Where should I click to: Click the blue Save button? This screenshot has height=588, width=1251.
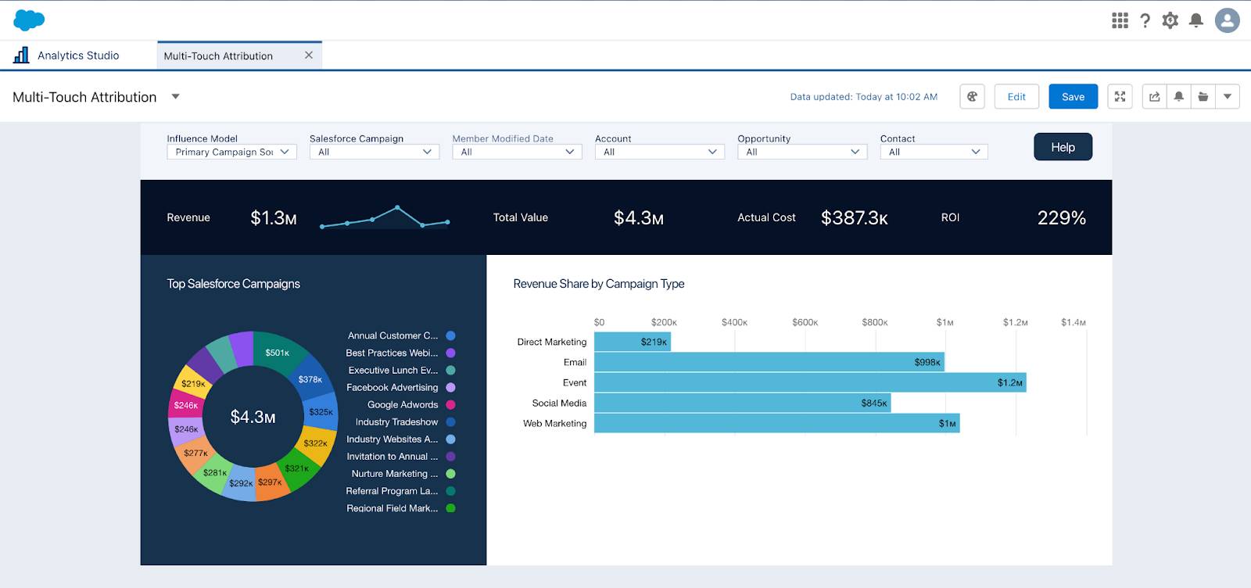(x=1073, y=97)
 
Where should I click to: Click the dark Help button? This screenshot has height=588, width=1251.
(x=1063, y=147)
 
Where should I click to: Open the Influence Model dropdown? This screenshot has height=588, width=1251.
(x=231, y=152)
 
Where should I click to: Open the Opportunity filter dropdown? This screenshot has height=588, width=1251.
(x=801, y=152)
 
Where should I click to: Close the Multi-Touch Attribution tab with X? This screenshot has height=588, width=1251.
(x=309, y=56)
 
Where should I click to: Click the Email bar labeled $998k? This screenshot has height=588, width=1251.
(x=769, y=362)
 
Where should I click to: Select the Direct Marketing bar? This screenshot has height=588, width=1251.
(x=632, y=342)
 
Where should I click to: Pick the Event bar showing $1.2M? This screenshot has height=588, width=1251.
(x=809, y=382)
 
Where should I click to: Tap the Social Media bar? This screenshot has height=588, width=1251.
(x=741, y=403)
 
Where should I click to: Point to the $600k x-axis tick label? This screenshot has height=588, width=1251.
(x=805, y=322)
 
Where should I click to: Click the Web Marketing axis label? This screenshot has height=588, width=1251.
(x=554, y=423)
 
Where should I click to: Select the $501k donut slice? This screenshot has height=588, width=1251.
(x=278, y=353)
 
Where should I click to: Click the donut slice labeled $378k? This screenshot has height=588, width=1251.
(x=310, y=379)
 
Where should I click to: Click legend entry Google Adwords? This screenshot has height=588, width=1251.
(x=403, y=404)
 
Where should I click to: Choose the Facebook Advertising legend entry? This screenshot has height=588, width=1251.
(x=392, y=387)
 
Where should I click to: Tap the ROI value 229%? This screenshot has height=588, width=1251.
(x=1061, y=218)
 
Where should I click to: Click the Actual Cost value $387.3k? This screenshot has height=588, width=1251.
(x=854, y=218)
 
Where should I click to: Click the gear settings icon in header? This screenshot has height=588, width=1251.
(x=1170, y=20)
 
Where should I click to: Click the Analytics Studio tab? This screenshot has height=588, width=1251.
(x=78, y=56)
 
